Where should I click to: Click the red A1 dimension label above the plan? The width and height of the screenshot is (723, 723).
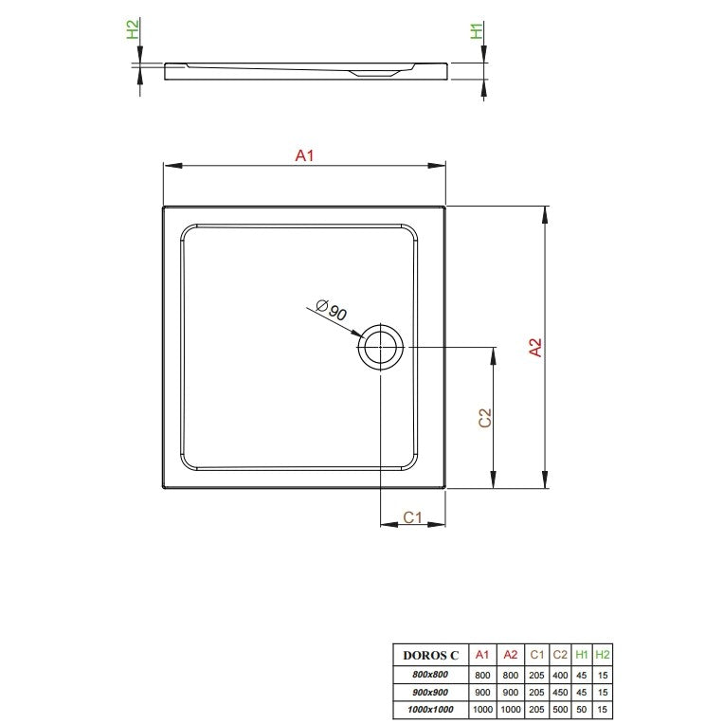point(304,155)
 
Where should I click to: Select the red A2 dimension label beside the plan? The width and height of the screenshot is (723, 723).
point(535,347)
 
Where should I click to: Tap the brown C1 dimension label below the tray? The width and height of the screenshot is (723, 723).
point(413,517)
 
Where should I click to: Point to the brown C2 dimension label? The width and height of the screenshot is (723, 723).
point(485,418)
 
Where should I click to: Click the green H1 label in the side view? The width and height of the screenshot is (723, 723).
point(477,31)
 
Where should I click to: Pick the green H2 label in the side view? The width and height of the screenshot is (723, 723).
point(133,29)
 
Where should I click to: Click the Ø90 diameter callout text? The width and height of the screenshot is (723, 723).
point(332,310)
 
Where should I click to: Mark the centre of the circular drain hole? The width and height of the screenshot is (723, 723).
point(380,347)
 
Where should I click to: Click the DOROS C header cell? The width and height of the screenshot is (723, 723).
point(431,655)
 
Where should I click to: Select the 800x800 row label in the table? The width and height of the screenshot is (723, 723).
point(430,674)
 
